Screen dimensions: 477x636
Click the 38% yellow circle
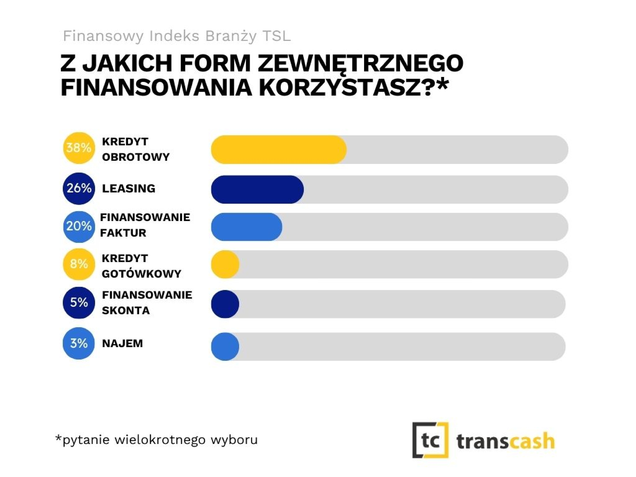coord(79,148)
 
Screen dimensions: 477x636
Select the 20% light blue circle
coord(79,227)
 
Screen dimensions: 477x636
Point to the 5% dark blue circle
coord(79,302)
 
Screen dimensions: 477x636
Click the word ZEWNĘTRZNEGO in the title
coord(361,63)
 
